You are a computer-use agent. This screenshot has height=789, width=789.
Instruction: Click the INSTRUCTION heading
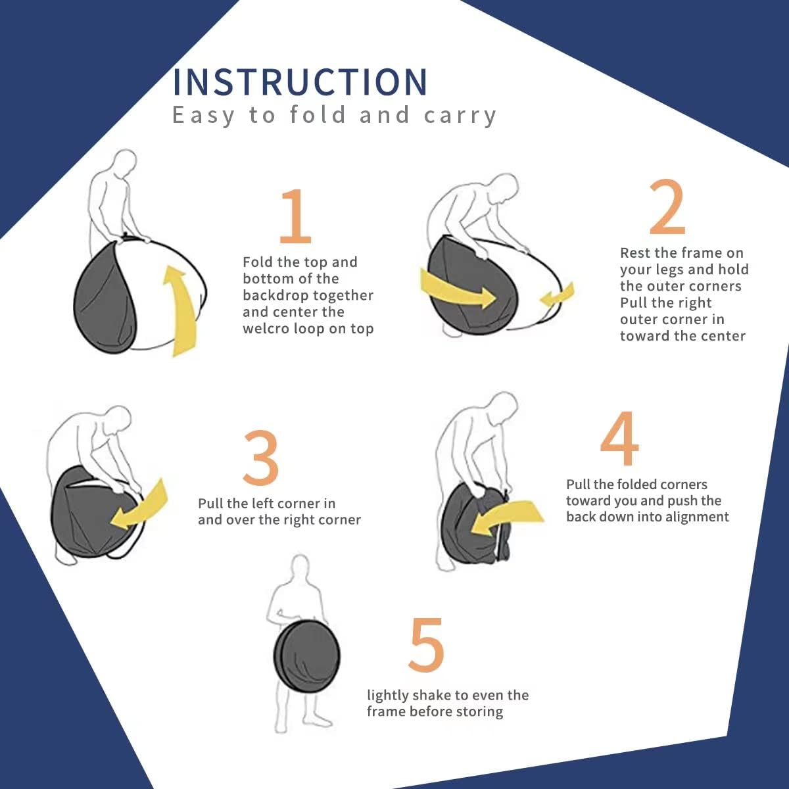pos(300,82)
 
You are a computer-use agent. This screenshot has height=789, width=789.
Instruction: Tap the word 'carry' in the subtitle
pos(460,116)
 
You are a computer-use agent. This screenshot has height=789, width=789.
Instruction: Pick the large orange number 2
pos(667,206)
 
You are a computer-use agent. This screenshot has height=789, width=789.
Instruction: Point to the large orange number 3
pos(261,458)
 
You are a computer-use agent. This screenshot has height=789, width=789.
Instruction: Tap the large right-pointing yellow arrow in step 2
pos(458,289)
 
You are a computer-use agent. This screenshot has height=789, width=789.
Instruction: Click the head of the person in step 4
pos(504,406)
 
